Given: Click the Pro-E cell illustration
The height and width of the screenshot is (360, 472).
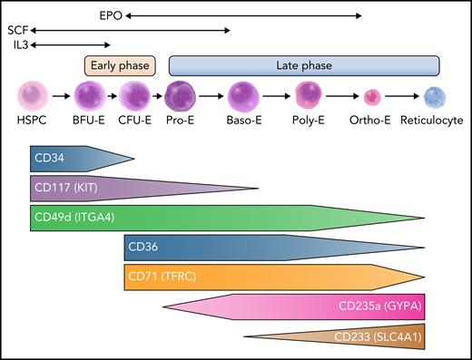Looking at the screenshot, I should tap(180, 95).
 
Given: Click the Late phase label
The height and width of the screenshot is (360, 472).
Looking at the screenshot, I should tap(304, 66).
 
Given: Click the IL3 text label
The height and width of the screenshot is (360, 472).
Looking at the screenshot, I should tap(17, 44).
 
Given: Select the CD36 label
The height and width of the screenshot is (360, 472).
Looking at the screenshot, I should tap(143, 247).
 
